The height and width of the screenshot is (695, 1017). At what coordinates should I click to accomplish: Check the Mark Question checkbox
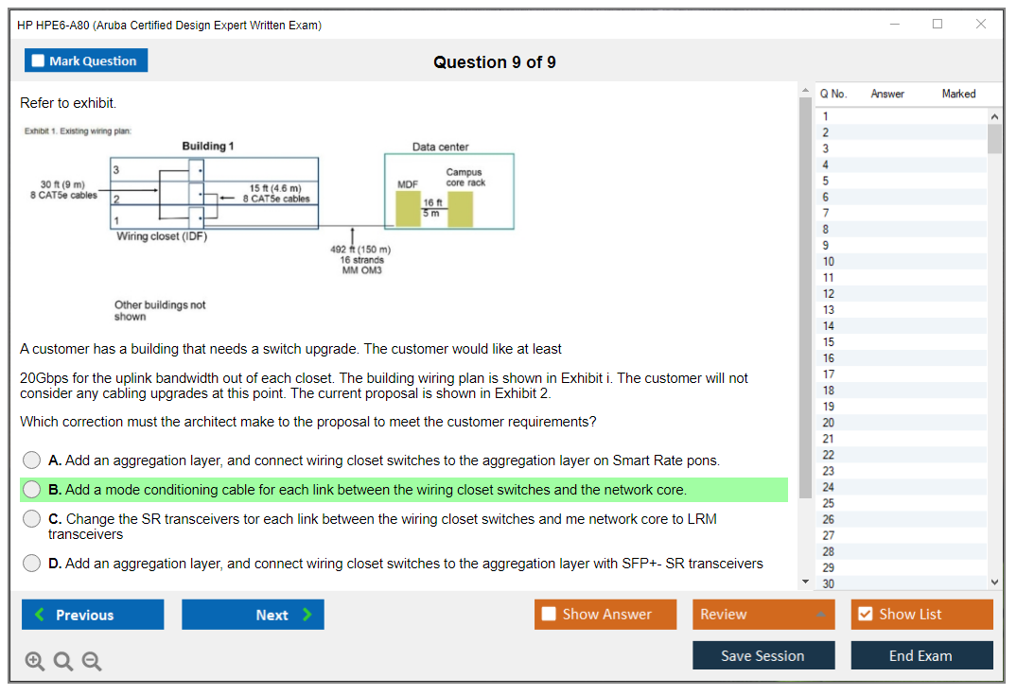[38, 61]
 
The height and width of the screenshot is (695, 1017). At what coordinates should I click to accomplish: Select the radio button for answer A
[32, 460]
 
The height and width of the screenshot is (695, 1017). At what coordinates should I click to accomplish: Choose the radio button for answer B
[32, 490]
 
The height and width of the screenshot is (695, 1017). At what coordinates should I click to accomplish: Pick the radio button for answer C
[32, 519]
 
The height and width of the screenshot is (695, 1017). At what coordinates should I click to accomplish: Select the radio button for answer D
[32, 564]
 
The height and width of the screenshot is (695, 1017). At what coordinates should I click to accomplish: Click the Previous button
[93, 615]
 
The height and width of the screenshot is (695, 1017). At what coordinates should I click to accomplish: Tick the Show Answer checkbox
[550, 615]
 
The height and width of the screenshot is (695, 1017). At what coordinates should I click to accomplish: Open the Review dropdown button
[763, 615]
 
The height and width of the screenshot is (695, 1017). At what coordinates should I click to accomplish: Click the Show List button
[921, 615]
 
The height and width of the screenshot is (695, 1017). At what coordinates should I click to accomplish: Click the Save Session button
[763, 655]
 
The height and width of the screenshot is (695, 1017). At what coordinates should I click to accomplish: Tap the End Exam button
[921, 655]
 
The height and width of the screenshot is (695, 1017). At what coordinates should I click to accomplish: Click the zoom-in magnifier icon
[35, 662]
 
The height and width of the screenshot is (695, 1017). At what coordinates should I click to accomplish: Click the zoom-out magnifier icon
[92, 662]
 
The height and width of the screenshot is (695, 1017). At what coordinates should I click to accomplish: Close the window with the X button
[981, 25]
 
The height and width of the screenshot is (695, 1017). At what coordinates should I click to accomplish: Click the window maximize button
[938, 25]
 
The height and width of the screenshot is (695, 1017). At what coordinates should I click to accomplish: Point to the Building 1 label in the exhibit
[208, 147]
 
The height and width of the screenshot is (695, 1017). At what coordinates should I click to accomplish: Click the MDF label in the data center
[408, 183]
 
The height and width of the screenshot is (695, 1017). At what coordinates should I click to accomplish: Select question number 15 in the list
[829, 342]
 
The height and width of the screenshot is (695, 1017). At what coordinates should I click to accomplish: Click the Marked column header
[958, 94]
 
